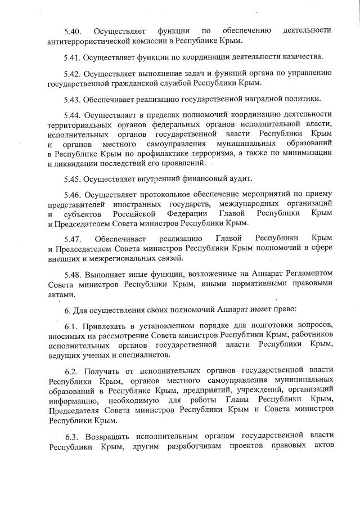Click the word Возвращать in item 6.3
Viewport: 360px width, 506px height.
pos(105,437)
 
